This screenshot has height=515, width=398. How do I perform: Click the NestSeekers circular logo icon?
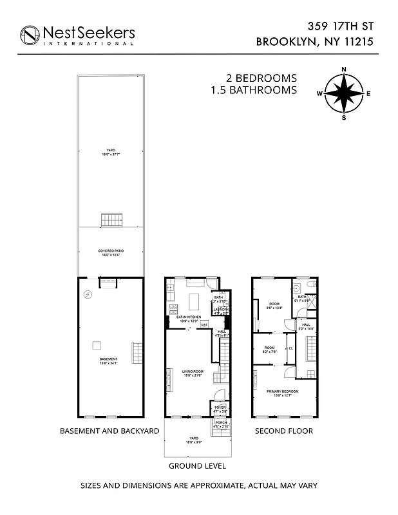tap(30, 35)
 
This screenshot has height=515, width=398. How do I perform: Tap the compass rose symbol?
tap(344, 93)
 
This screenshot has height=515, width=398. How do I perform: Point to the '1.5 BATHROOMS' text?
tap(254, 90)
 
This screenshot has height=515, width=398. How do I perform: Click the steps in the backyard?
tap(110, 221)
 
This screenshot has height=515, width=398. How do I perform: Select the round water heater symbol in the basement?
tap(88, 295)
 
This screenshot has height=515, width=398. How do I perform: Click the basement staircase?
tap(136, 352)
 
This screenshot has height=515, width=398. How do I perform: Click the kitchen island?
tap(194, 300)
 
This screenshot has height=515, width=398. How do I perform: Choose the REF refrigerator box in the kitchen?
tap(204, 326)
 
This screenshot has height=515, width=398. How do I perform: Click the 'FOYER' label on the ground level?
tap(220, 407)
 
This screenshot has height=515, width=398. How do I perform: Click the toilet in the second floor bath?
tap(310, 285)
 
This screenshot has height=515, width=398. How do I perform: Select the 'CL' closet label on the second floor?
tap(291, 348)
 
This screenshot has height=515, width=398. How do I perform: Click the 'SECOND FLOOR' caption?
tap(284, 431)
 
